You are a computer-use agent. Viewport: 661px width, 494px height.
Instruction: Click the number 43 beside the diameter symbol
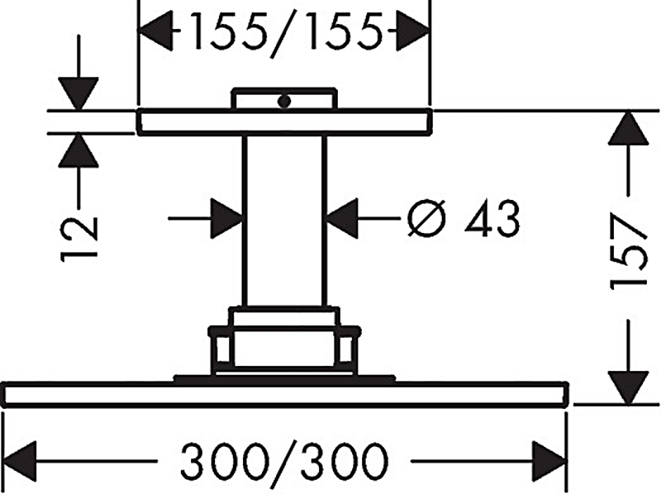[x=492, y=218]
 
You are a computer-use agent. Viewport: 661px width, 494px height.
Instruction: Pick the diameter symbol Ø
[x=426, y=218]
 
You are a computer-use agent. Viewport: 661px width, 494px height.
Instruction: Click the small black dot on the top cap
[x=284, y=101]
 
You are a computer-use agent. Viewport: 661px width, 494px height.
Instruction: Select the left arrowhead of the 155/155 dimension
[x=155, y=31]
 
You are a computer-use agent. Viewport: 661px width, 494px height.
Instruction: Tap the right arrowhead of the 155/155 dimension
[x=412, y=31]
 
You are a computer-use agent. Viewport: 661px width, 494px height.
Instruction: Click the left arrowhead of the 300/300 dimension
[x=19, y=462]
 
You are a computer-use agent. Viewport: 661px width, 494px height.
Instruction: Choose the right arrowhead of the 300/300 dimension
[x=549, y=462]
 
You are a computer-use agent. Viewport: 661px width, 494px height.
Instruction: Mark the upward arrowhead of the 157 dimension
[x=628, y=128]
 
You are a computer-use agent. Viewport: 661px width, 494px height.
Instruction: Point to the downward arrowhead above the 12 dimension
[x=78, y=94]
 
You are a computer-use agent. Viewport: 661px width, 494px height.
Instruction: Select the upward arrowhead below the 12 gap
[x=78, y=150]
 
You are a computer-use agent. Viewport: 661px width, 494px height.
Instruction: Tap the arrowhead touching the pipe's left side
[x=227, y=218]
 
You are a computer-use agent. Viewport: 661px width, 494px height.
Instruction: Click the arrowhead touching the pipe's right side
[x=342, y=218]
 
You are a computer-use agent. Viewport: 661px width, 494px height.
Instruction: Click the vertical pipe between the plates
[x=284, y=221]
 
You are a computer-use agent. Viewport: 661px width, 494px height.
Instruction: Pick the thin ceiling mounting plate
[x=284, y=122]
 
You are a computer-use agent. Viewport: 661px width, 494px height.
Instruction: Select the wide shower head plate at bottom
[x=285, y=395]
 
